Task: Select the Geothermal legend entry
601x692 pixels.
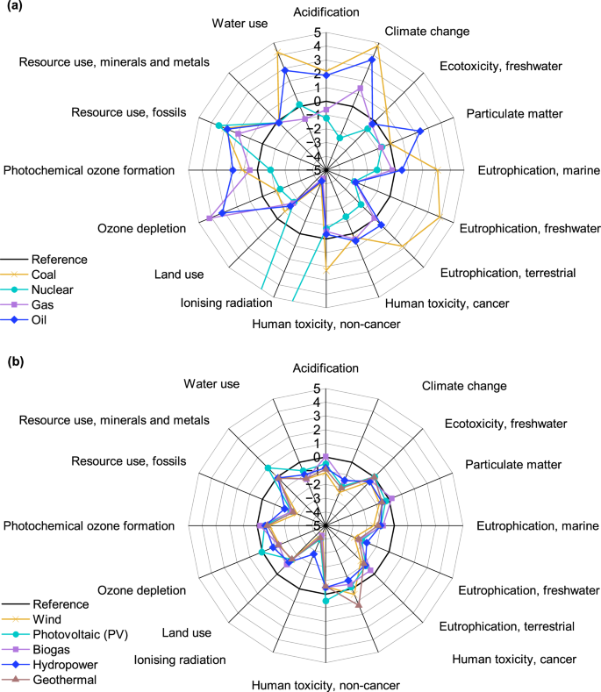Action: pos(63,679)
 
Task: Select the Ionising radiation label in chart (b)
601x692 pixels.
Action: pos(179,660)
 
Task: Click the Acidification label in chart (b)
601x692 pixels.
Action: pos(326,368)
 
